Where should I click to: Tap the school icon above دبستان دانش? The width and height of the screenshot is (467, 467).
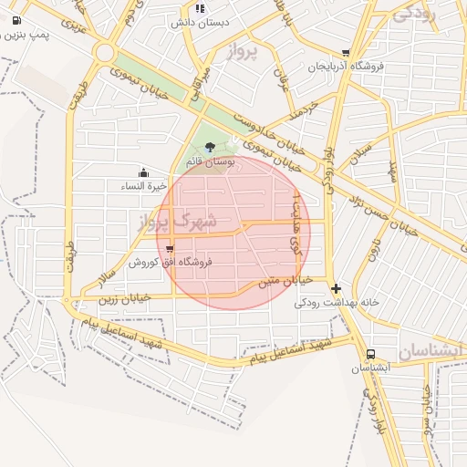pos(200,8)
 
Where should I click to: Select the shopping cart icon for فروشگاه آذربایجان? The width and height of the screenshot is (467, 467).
pos(345,53)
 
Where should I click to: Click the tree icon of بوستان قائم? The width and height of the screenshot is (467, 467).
pos(211,146)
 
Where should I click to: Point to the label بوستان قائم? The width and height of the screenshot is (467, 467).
pos(211,161)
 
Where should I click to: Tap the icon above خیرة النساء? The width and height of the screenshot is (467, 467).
pos(143,172)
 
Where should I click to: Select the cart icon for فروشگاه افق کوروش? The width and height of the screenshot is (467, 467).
pos(171,248)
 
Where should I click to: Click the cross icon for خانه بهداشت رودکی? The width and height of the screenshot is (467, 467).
pos(337,287)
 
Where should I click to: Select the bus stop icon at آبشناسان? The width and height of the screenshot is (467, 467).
pos(370,355)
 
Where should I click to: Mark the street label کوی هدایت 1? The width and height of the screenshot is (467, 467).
pos(295,223)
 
